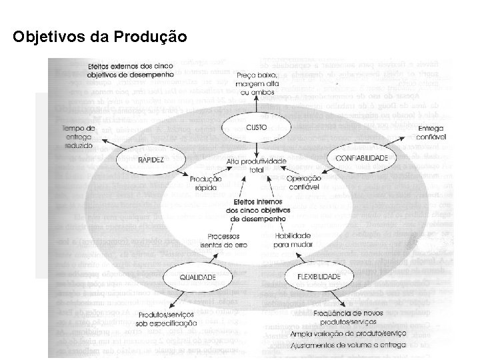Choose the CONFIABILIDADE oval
click(362, 158)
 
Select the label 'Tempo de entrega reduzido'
click(79, 136)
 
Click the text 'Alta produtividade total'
click(255, 166)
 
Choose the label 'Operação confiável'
click(303, 183)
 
